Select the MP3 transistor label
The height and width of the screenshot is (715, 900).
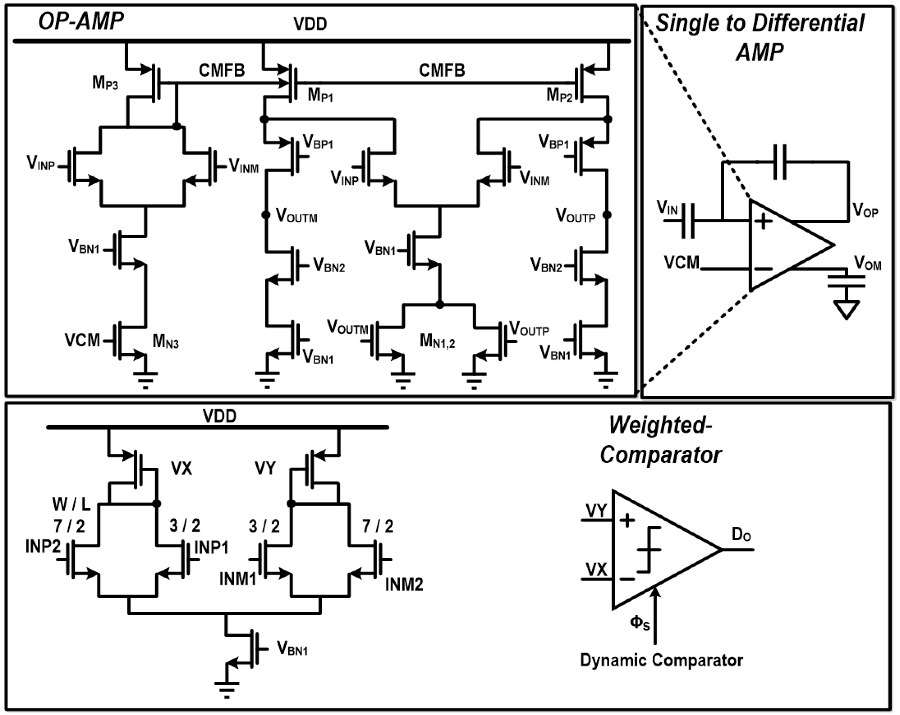tap(105, 83)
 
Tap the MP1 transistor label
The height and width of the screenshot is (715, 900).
tap(320, 96)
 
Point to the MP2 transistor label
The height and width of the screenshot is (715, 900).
tap(559, 96)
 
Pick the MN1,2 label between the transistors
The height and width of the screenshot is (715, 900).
tap(437, 342)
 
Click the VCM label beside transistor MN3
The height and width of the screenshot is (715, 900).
tap(82, 340)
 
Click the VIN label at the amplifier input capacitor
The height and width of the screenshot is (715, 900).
tap(667, 207)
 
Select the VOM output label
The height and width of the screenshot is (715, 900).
tap(867, 263)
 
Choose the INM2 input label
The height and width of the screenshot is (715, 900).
tap(404, 584)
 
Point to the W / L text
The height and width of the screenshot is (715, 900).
tap(71, 505)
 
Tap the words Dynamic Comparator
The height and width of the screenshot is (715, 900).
tap(661, 660)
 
